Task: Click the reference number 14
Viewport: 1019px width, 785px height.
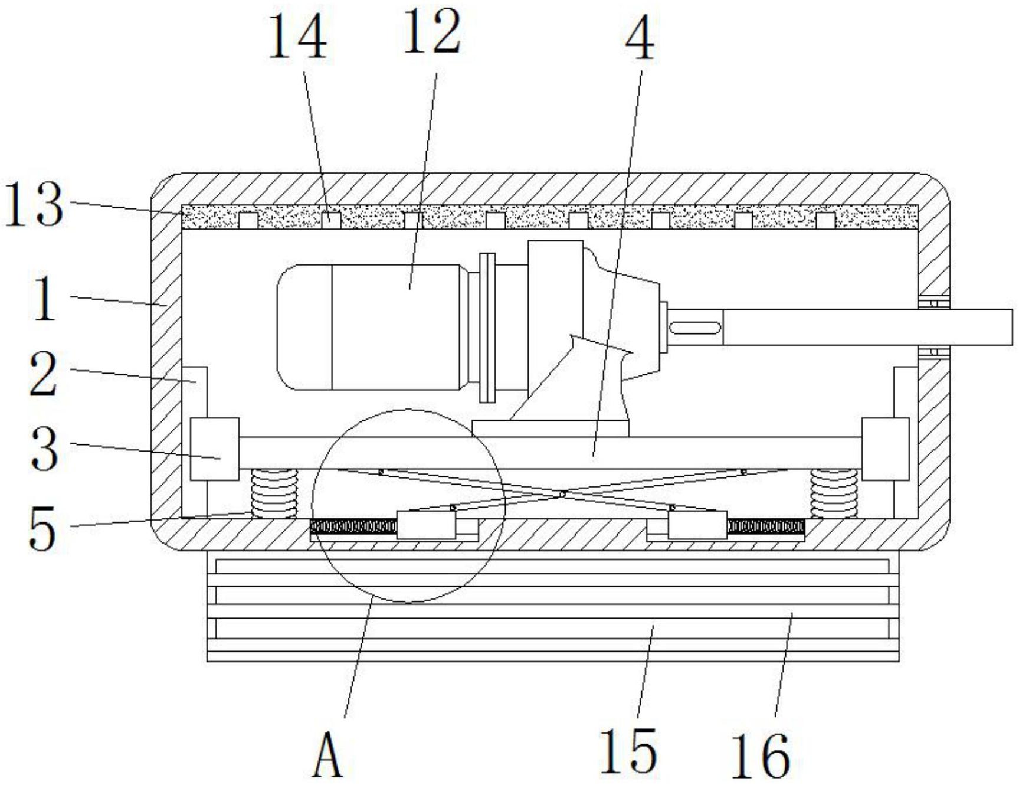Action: pos(298,37)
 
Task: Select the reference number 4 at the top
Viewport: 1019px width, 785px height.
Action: pos(640,39)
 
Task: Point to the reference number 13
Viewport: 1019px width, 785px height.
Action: pos(34,204)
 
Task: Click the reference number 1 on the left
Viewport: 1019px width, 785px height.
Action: pos(44,299)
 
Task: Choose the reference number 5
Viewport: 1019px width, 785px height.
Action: pos(43,530)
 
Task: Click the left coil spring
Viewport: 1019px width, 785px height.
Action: pos(275,494)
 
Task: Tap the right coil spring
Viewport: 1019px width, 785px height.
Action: pos(833,494)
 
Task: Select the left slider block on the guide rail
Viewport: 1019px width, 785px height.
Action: pos(215,449)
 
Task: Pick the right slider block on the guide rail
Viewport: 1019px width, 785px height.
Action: pos(886,449)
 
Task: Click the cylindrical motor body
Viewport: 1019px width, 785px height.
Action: pos(371,327)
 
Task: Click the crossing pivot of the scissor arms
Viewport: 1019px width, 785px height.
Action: pos(563,493)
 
